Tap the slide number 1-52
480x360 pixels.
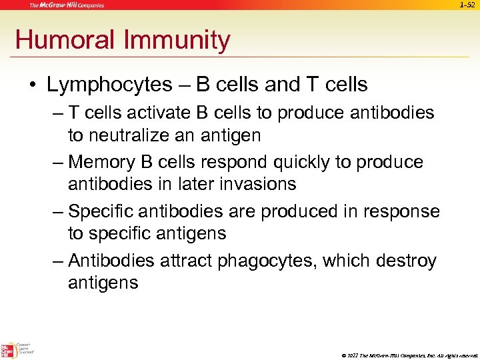467,5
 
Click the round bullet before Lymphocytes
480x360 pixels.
32,85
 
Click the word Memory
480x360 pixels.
102,162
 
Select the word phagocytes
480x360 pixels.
269,261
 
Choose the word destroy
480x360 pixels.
406,261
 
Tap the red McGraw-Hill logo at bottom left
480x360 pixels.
7,350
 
